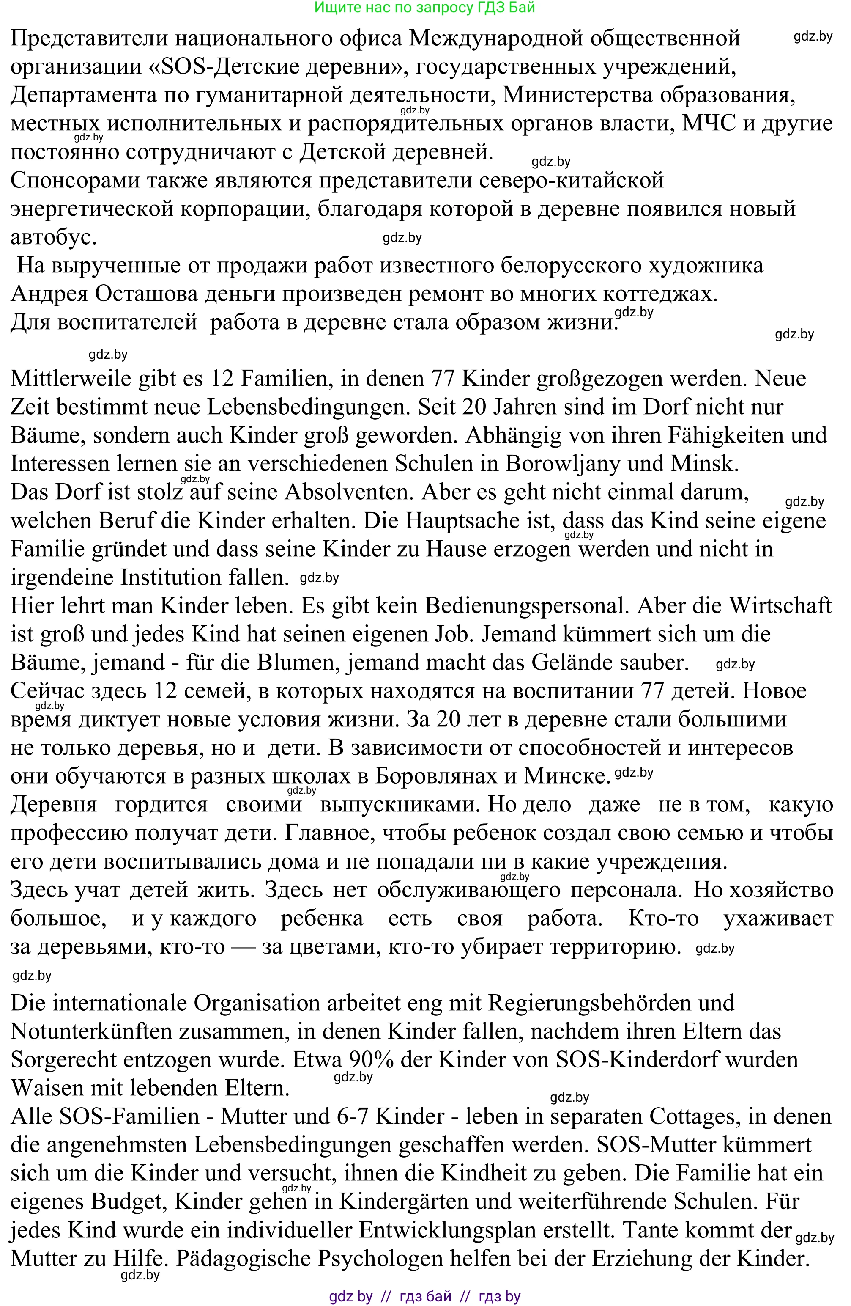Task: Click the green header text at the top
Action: click(x=425, y=7)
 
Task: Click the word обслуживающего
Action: click(x=469, y=890)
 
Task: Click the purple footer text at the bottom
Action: click(x=425, y=1297)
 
